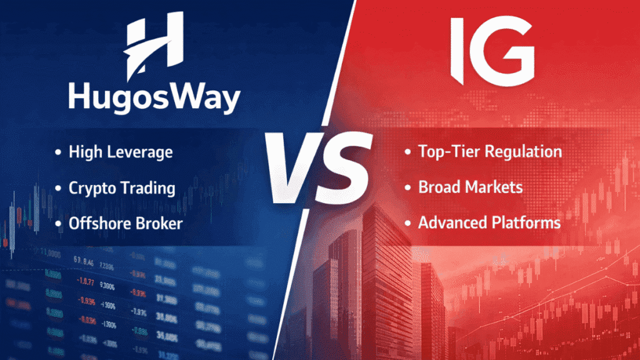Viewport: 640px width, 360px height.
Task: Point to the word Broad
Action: tap(437, 187)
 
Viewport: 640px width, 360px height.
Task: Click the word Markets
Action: tap(492, 187)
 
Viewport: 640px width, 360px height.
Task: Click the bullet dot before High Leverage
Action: tap(58, 152)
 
